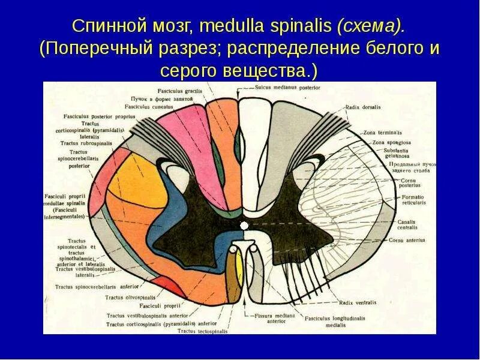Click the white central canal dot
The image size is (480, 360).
tap(244, 226)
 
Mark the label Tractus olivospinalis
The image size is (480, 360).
tap(130, 298)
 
